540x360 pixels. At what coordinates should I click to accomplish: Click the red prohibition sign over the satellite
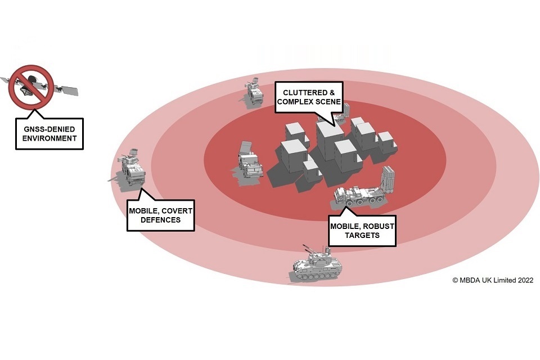tap(31, 86)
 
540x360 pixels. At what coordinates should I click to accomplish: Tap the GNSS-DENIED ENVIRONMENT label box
tap(49, 133)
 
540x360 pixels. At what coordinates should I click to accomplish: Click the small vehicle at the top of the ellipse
tap(254, 92)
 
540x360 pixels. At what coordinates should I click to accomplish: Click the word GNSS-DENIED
tap(49, 128)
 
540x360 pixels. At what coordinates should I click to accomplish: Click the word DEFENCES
tap(160, 220)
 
